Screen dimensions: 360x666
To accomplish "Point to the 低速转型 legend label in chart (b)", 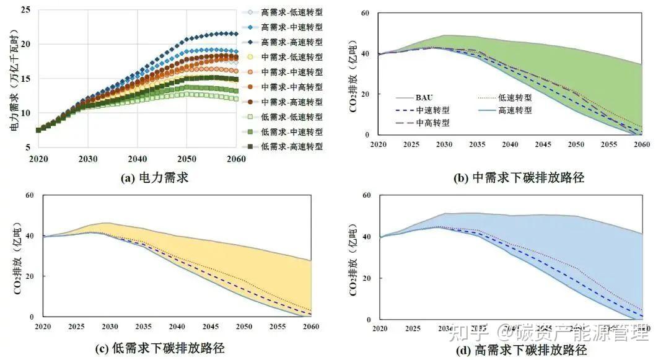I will pyautogui.click(x=516, y=97).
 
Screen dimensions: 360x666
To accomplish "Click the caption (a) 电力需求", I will pyautogui.click(x=155, y=178).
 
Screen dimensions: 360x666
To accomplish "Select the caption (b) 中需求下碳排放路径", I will pyautogui.click(x=519, y=178).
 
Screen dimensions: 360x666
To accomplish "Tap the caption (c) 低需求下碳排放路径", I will pyautogui.click(x=159, y=348).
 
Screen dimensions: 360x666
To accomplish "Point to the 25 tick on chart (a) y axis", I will pyautogui.click(x=25, y=9).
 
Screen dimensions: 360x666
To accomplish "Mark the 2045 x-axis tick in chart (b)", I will pyautogui.click(x=543, y=144).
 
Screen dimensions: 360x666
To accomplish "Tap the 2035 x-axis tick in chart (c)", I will pyautogui.click(x=144, y=326).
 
